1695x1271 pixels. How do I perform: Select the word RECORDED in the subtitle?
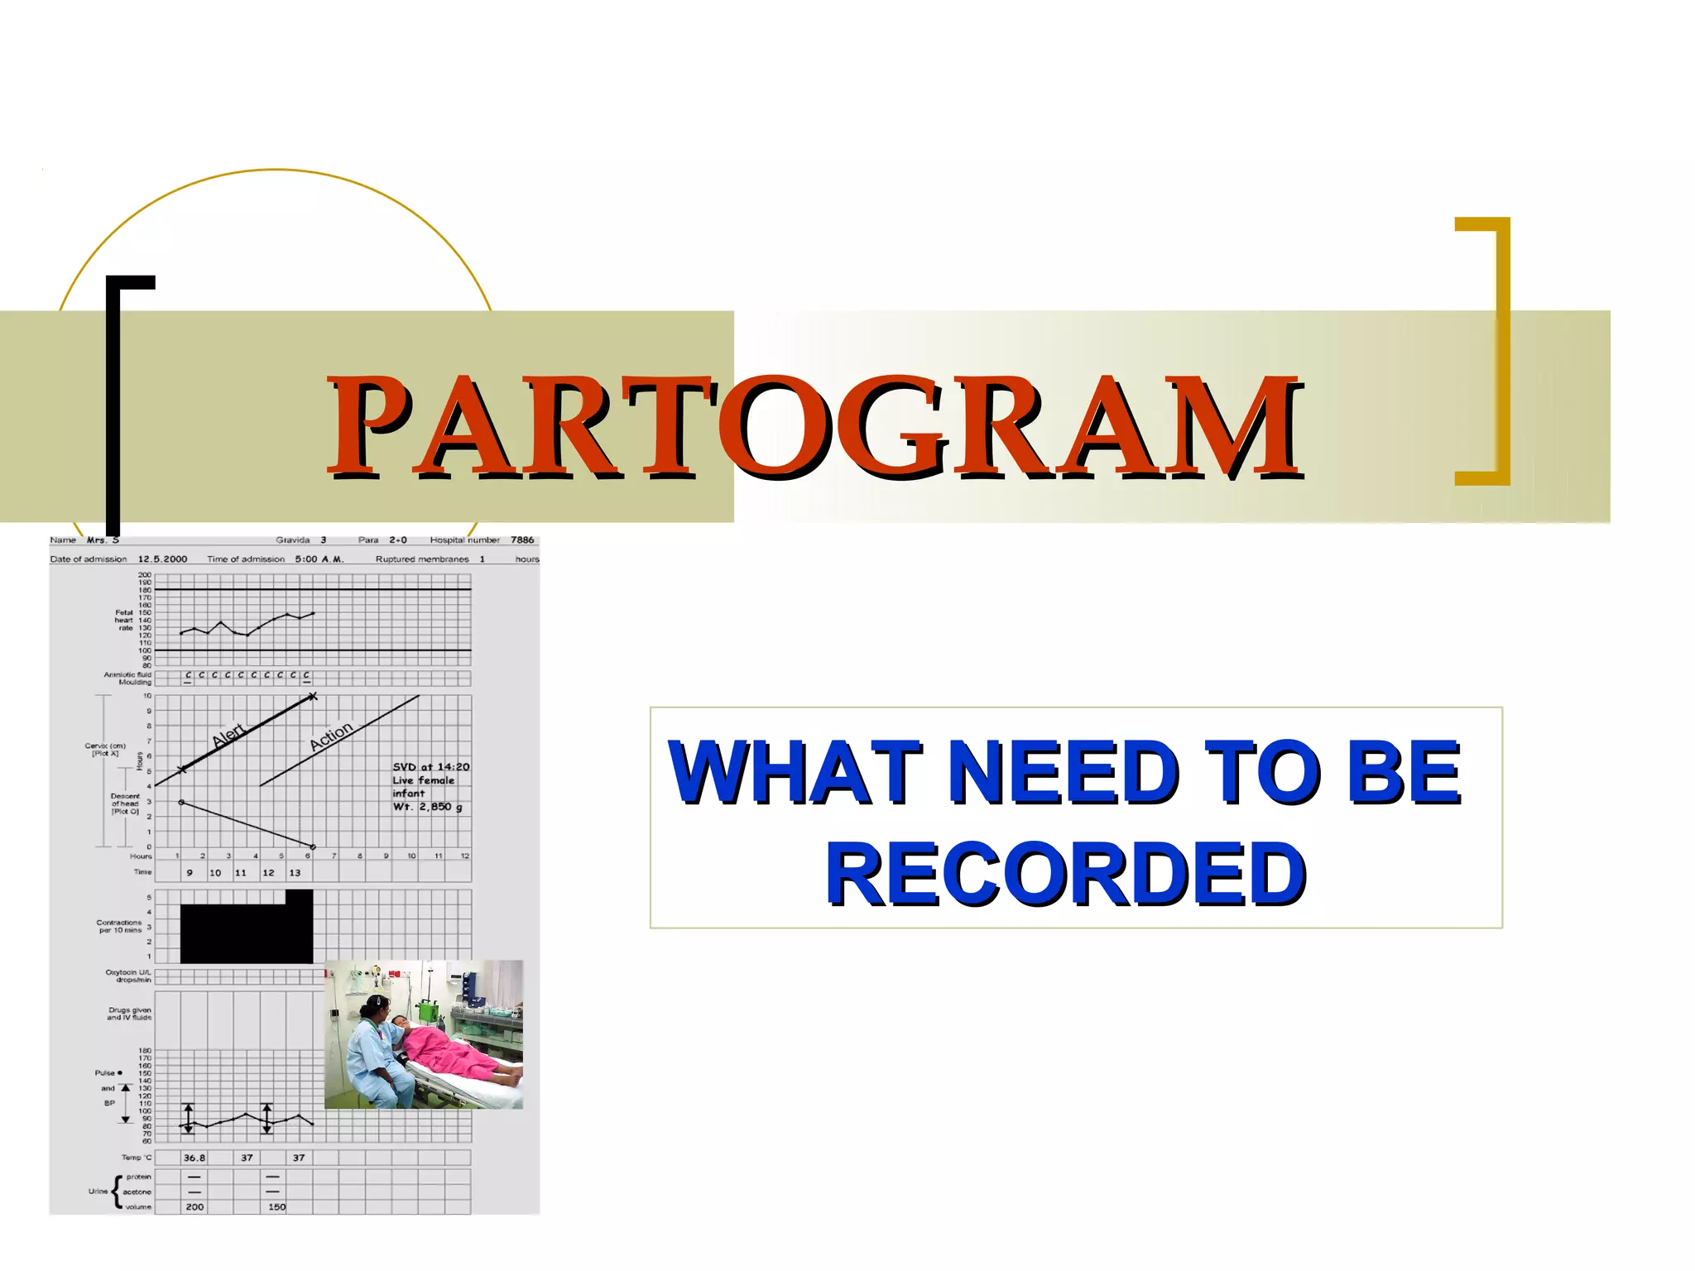[1065, 874]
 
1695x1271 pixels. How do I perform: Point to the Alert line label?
[228, 735]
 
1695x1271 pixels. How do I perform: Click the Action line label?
[331, 736]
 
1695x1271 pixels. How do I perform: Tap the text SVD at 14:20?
[430, 767]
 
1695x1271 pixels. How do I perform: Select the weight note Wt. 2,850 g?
[427, 807]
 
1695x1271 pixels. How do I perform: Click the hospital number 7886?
[522, 540]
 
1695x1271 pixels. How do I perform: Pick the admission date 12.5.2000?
[162, 559]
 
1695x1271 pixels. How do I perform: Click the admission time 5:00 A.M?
[319, 559]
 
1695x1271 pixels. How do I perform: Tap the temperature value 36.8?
[194, 1158]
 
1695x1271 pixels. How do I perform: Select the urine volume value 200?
[194, 1207]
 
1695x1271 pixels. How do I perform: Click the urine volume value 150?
[276, 1207]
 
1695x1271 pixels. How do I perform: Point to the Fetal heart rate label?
[123, 620]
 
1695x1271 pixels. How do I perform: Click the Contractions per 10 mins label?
[120, 926]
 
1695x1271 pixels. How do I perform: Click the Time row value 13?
[295, 873]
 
